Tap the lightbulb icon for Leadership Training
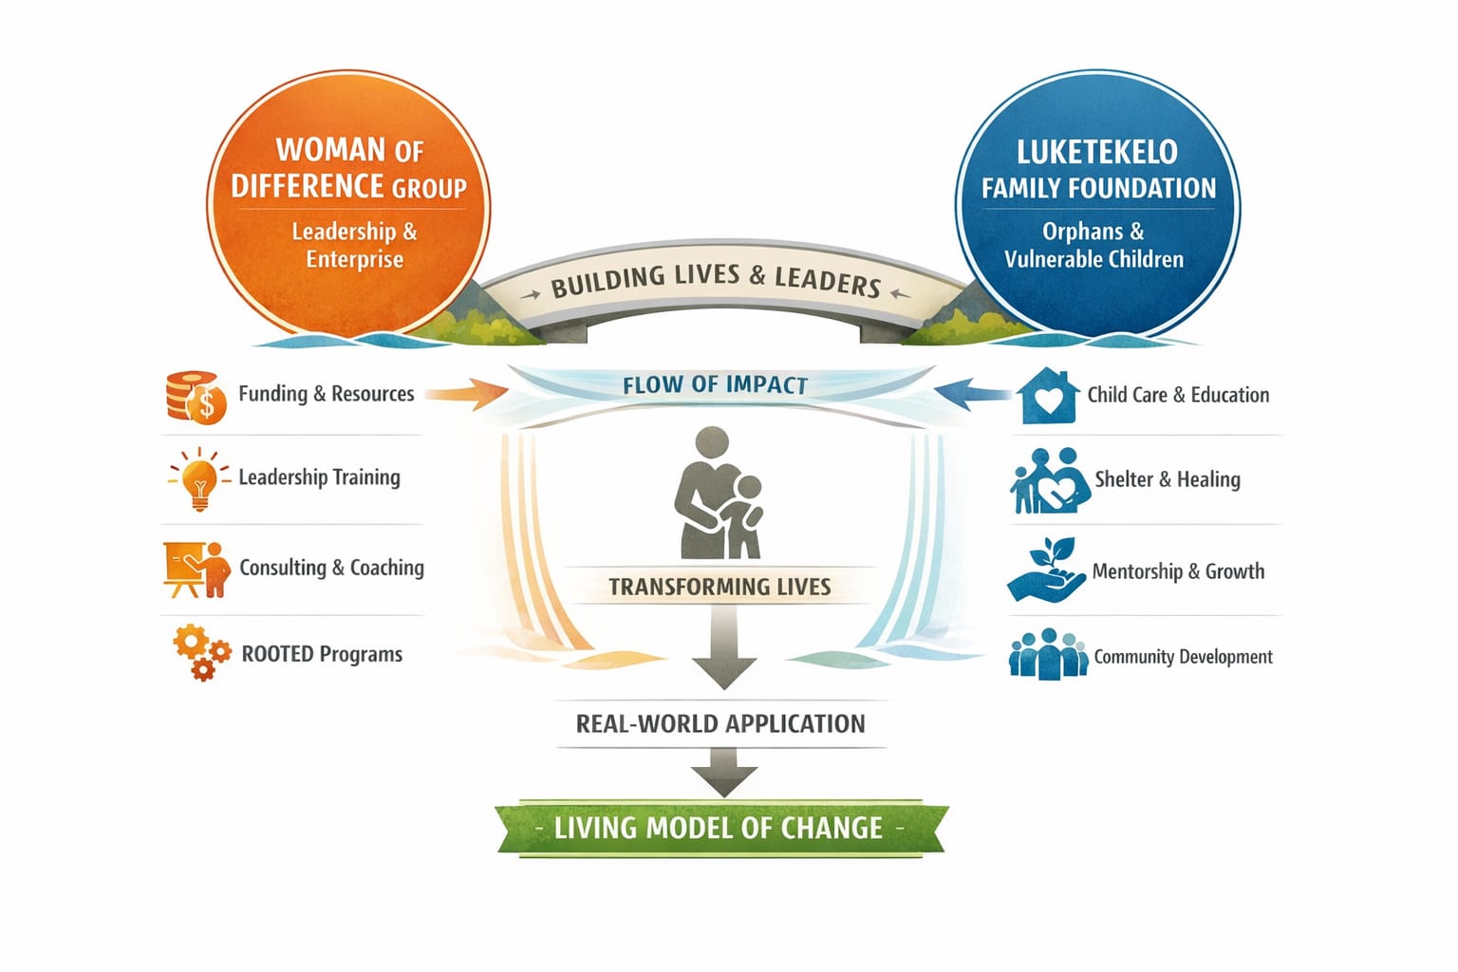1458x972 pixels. (x=199, y=479)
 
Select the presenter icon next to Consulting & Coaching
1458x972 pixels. (x=196, y=569)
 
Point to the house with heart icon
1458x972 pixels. (x=1047, y=396)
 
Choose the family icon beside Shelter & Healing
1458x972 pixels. (x=1049, y=481)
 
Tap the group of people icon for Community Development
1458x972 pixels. (x=1048, y=654)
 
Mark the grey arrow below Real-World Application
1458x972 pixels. (x=723, y=772)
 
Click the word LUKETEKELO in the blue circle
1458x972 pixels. (x=1096, y=153)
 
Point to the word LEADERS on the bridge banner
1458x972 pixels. (x=828, y=280)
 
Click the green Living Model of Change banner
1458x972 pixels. (x=721, y=829)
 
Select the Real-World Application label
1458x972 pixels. (x=720, y=724)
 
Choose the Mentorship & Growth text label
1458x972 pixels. (x=1178, y=571)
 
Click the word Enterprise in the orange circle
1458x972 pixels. (x=354, y=260)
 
